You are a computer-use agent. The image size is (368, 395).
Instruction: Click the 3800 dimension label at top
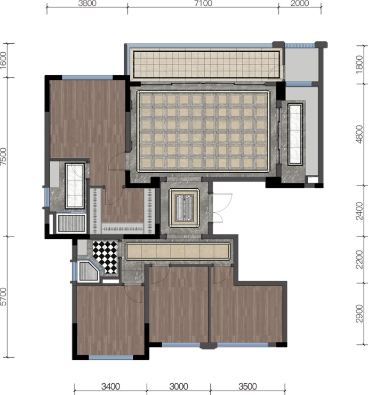pyautogui.click(x=87, y=3)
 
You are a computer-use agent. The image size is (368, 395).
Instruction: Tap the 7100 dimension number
pyautogui.click(x=203, y=3)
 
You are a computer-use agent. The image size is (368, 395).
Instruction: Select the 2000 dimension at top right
pyautogui.click(x=300, y=3)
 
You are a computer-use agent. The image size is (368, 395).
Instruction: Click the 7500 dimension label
pyautogui.click(x=3, y=157)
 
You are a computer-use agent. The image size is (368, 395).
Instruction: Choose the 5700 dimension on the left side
pyautogui.click(x=3, y=296)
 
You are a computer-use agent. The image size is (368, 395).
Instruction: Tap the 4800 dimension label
pyautogui.click(x=360, y=134)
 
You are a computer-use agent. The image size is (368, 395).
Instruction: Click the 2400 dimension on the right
pyautogui.click(x=360, y=211)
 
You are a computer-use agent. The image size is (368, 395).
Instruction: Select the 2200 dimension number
pyautogui.click(x=360, y=260)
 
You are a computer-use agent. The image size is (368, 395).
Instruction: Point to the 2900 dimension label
pyautogui.click(x=360, y=313)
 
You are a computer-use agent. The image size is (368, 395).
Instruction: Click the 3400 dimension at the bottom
pyautogui.click(x=110, y=386)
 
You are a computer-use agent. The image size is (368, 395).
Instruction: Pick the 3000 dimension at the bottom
pyautogui.click(x=179, y=386)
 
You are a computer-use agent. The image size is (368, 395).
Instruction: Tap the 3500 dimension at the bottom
pyautogui.click(x=247, y=386)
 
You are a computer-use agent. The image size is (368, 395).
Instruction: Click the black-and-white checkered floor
pyautogui.click(x=105, y=257)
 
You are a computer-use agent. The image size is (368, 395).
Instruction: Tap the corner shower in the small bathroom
pyautogui.click(x=89, y=271)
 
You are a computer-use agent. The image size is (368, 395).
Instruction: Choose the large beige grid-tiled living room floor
pyautogui.click(x=203, y=131)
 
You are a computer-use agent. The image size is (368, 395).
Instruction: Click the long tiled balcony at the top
pyautogui.click(x=206, y=65)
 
